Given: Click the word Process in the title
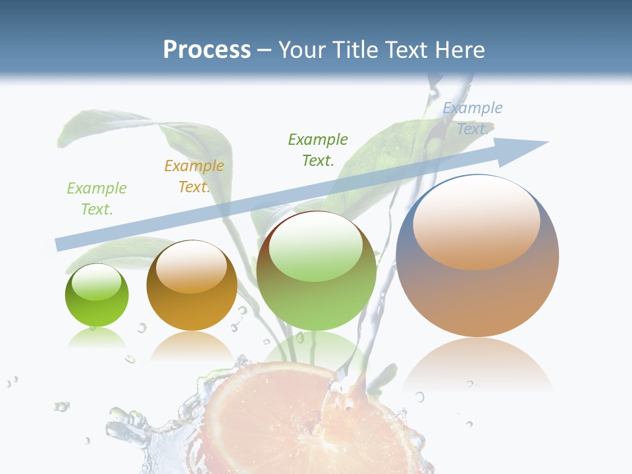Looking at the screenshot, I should coord(207,50).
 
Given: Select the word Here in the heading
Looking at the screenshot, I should coord(460,50).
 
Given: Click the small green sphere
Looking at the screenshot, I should coord(97,296).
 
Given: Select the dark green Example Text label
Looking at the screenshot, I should coord(318,149).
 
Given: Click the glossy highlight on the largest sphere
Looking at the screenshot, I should coord(476,224).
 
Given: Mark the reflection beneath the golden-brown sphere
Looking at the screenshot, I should coord(191,346).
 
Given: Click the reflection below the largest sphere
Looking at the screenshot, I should coord(477,365).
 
